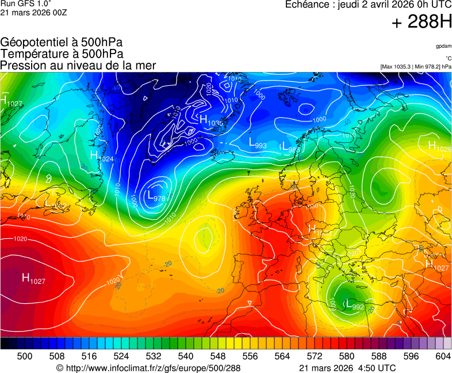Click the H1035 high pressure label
(211, 121)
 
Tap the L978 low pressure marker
(156, 196)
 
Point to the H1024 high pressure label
(102, 156)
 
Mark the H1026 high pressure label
(439, 147)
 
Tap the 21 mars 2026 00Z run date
(34, 13)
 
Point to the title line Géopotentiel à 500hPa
(62, 43)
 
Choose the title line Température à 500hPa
(62, 54)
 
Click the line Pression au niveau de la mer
(78, 66)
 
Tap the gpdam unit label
(443, 46)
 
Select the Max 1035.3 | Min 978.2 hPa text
(416, 67)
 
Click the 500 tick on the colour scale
(25, 356)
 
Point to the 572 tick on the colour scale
(315, 356)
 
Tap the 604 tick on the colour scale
(442, 356)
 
